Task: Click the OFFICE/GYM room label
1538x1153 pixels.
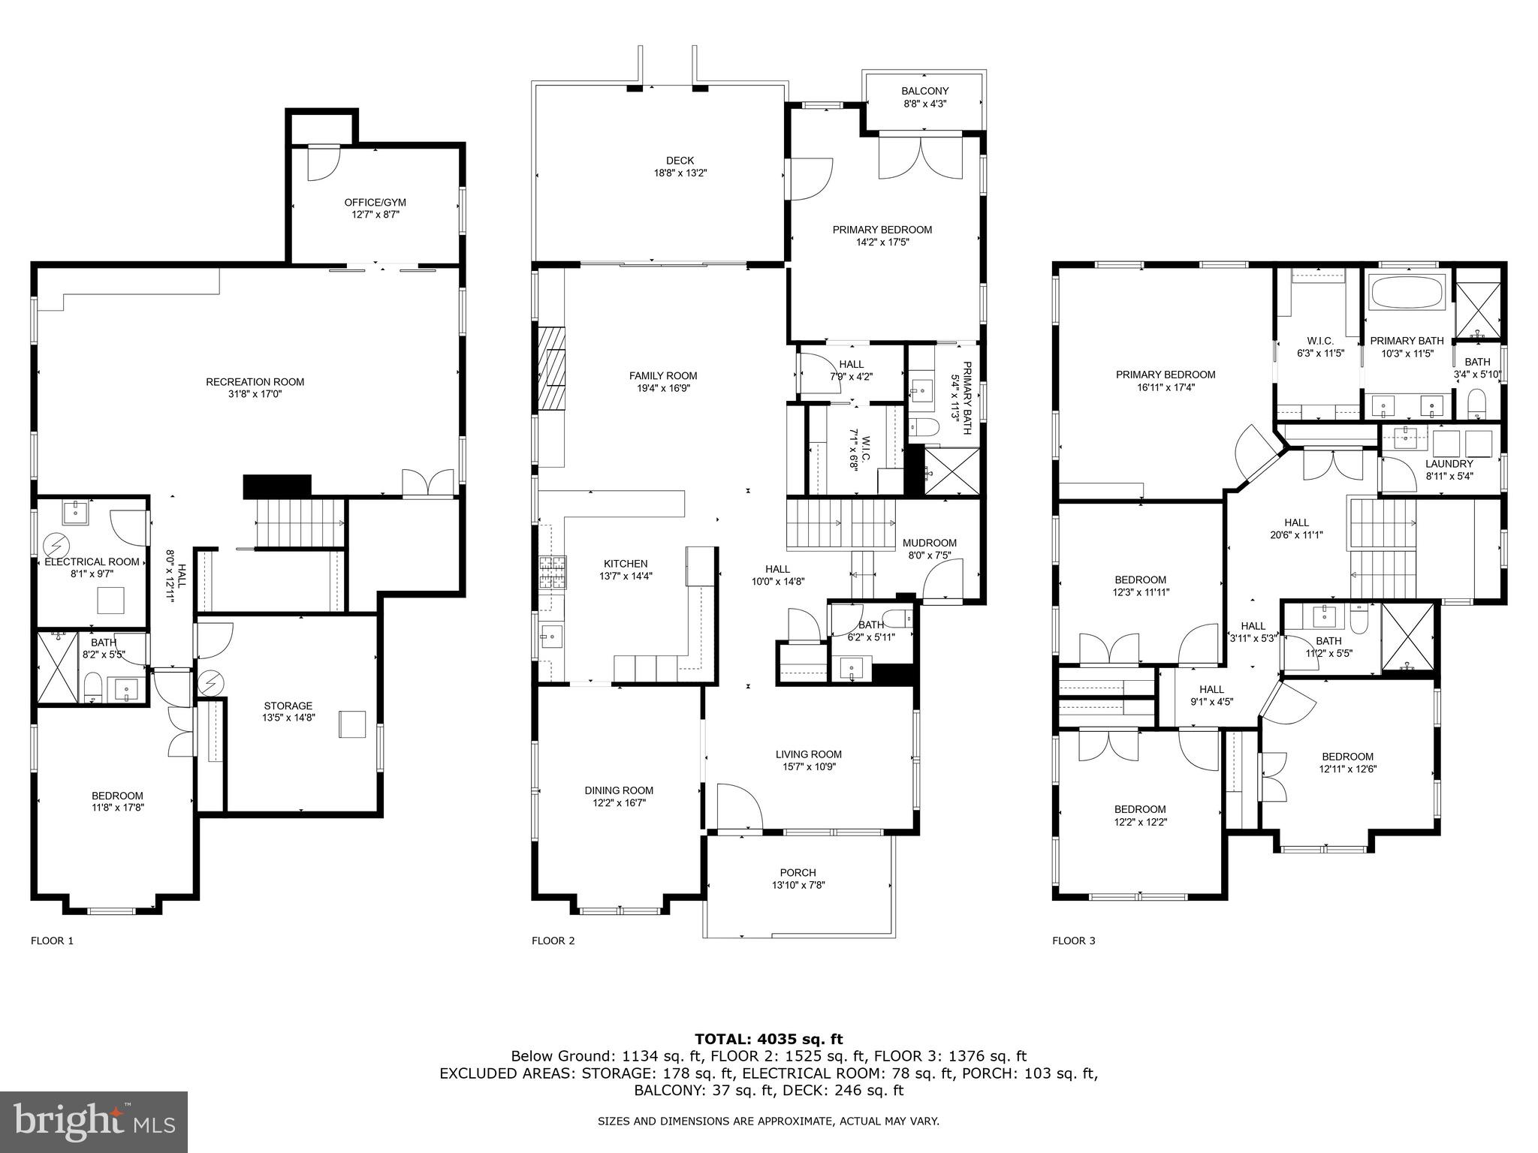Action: [x=375, y=203]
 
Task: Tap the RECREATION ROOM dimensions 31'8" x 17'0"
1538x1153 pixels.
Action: [x=255, y=394]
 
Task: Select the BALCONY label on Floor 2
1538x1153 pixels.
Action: [x=924, y=92]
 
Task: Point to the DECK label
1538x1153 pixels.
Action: [x=680, y=161]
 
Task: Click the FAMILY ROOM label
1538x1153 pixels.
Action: [x=662, y=376]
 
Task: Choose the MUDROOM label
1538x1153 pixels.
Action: [x=929, y=543]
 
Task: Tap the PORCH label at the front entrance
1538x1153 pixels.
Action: [x=798, y=872]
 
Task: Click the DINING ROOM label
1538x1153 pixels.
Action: [x=619, y=790]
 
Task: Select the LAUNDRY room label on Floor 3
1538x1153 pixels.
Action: [x=1449, y=464]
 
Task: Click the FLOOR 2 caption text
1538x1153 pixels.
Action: [x=553, y=941]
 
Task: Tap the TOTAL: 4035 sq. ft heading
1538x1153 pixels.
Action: [x=768, y=1039]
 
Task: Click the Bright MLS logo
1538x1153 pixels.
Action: [x=94, y=1121]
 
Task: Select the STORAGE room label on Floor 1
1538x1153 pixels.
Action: [x=288, y=706]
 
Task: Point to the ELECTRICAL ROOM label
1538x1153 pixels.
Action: [x=92, y=561]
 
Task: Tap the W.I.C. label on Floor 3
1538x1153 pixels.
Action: [x=1319, y=341]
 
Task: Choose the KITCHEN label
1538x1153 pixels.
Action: [x=626, y=564]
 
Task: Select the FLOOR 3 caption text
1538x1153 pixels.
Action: [x=1073, y=941]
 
